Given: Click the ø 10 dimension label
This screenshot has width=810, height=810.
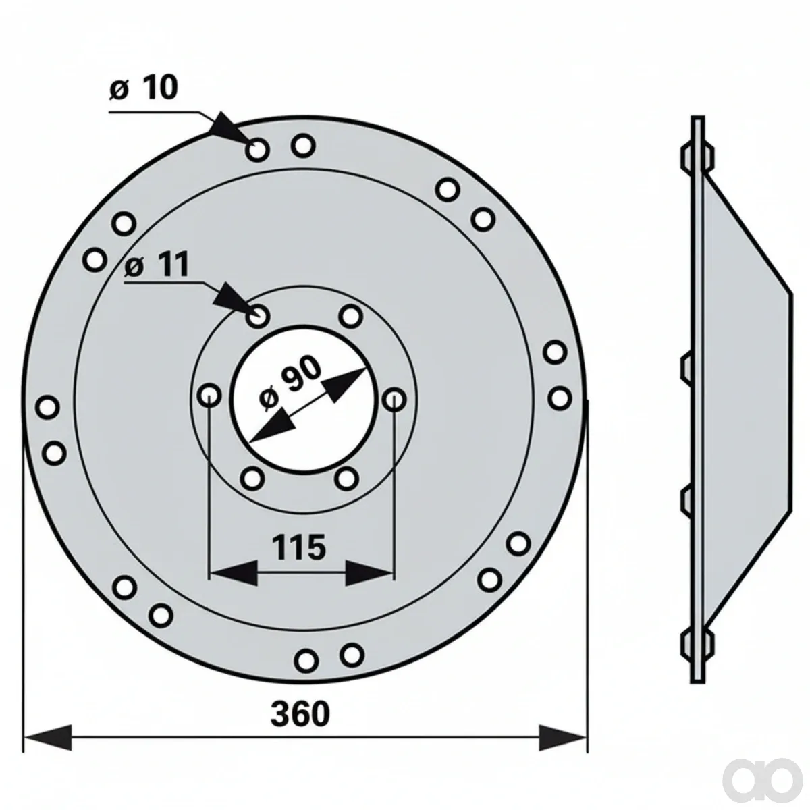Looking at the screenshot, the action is click(143, 88).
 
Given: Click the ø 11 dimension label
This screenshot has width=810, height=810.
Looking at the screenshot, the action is click(157, 266).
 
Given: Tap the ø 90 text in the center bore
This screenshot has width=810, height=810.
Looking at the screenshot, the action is click(290, 383).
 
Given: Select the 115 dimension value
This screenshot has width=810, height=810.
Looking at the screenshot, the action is click(299, 547).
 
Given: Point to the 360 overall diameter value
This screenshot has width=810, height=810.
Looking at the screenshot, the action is click(300, 715).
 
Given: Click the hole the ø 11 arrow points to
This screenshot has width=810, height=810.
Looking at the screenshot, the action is click(258, 316).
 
